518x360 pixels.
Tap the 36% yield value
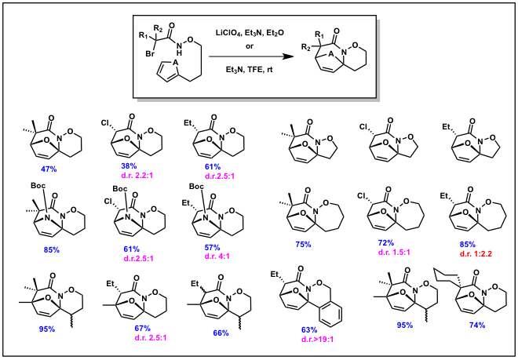(128, 165)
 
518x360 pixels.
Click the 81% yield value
(130, 248)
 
